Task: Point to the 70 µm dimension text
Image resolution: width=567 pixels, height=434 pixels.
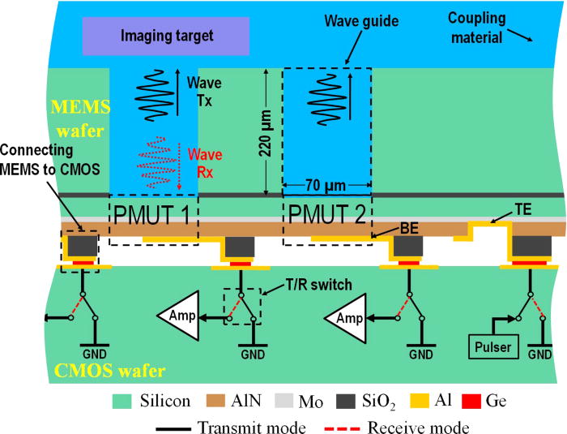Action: tap(326, 185)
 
